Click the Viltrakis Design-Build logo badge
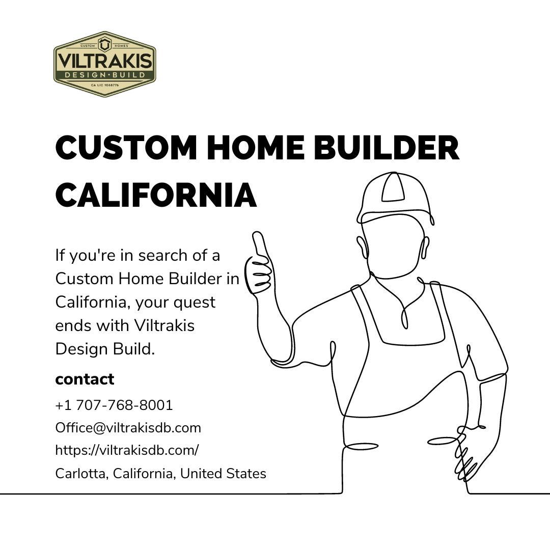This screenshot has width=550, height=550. [x=104, y=64]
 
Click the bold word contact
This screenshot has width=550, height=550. [x=85, y=379]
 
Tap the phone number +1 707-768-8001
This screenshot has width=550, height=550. [x=114, y=405]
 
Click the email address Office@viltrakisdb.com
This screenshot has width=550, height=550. [x=128, y=428]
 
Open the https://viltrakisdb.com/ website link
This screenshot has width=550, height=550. [x=127, y=450]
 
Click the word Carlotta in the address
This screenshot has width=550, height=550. [x=81, y=474]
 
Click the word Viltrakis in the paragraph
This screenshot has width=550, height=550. [x=164, y=325]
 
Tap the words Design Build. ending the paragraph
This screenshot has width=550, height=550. [x=105, y=349]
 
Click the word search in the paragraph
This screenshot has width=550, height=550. [x=162, y=255]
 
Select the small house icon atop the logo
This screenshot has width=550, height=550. [x=104, y=44]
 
